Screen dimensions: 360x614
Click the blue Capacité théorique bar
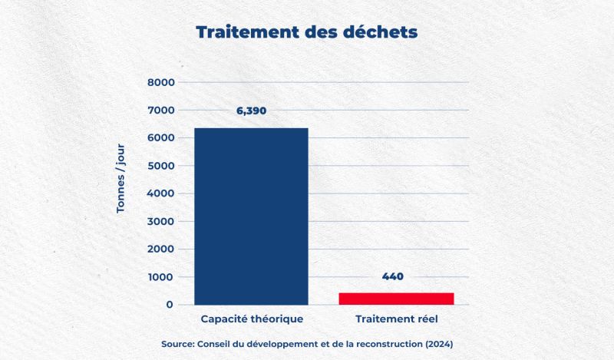click(251, 216)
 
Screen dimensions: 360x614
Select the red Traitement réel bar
click(397, 299)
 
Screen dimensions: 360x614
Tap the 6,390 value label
click(251, 111)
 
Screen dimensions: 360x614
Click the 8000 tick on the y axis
click(161, 82)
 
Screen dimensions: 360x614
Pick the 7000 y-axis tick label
click(161, 110)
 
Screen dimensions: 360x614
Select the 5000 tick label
click(161, 166)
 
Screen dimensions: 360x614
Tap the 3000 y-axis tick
click(161, 221)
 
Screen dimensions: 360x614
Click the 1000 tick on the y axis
click(161, 277)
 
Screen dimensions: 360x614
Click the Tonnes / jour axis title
click(120, 193)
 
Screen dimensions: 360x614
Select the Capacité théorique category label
click(252, 318)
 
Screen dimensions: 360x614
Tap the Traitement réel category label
click(396, 318)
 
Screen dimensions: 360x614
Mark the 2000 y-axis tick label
click(161, 249)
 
